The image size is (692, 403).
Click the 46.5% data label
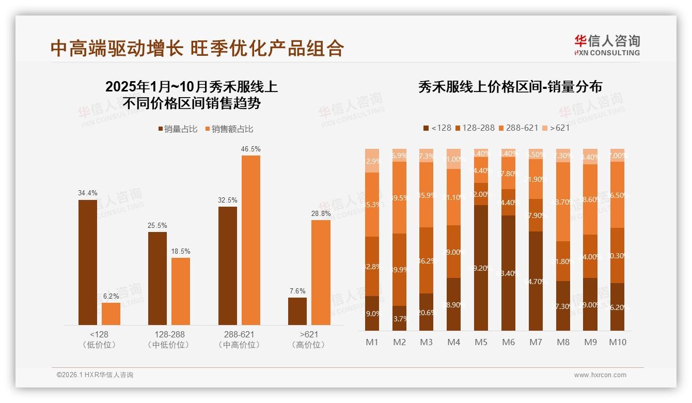click(x=250, y=149)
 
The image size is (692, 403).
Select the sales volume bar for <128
click(x=88, y=262)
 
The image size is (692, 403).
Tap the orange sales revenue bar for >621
click(x=321, y=272)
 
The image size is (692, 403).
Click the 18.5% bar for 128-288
click(x=181, y=291)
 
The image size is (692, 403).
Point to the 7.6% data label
click(x=297, y=291)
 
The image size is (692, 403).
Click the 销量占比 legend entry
click(x=178, y=129)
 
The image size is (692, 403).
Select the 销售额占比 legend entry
click(x=229, y=129)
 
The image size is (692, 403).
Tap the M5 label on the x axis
click(x=481, y=342)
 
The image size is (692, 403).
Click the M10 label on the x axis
click(x=617, y=342)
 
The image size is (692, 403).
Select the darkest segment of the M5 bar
click(x=481, y=268)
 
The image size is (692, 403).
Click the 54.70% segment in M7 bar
click(x=536, y=281)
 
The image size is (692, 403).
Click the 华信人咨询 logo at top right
click(x=607, y=45)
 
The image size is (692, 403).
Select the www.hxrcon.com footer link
click(x=600, y=375)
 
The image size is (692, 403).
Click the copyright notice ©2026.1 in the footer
click(x=95, y=375)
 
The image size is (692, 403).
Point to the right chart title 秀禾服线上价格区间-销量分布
click(x=510, y=87)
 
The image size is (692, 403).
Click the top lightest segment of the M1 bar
click(x=372, y=161)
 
